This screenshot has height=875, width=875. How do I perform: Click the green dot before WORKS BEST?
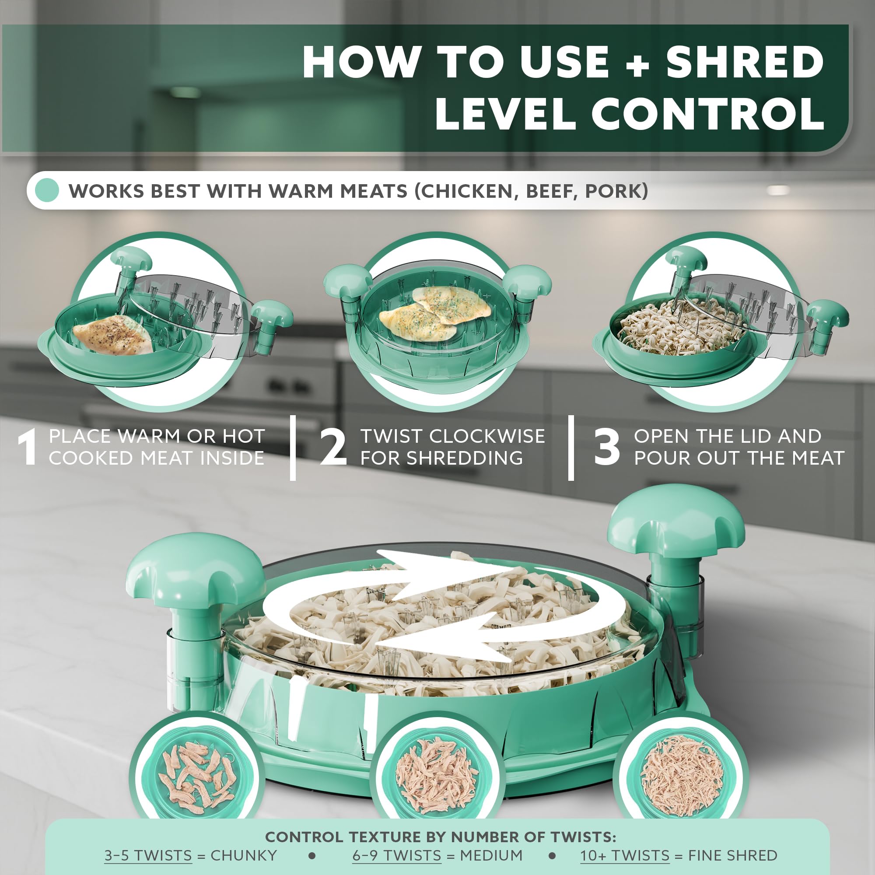(47, 190)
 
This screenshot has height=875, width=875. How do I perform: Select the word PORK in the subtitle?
(616, 191)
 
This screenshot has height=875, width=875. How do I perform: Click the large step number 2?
(333, 448)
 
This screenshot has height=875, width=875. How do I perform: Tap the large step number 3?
(606, 448)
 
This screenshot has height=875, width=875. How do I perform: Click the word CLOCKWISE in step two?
(487, 437)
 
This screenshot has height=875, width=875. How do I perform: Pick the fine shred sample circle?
(682, 774)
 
